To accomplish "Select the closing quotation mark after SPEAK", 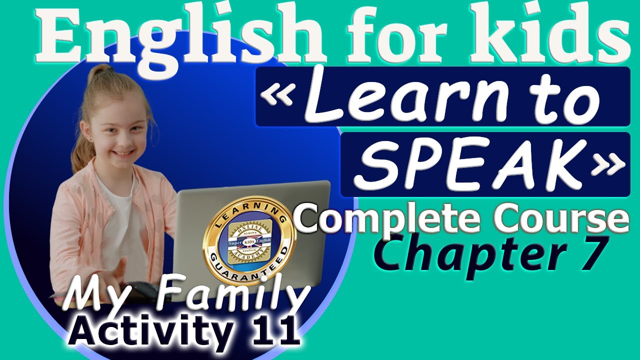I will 607,165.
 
